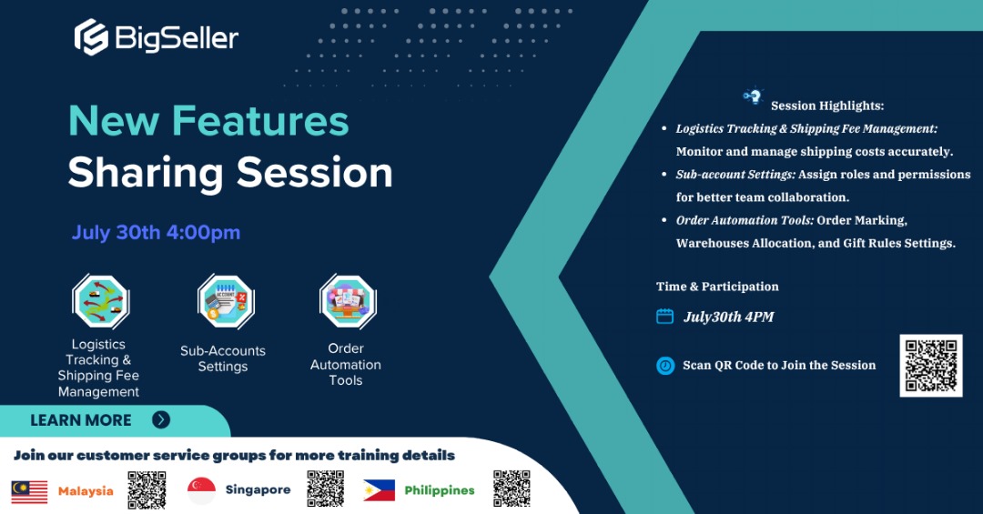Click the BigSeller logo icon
tap(92, 37)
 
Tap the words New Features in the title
tap(208, 120)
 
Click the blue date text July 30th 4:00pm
tap(157, 233)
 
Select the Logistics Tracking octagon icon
tap(100, 301)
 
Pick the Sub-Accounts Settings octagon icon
tap(226, 301)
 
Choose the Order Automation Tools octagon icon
tap(348, 301)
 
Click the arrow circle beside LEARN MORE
tap(161, 419)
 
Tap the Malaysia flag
tap(29, 491)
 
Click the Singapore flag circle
tap(201, 490)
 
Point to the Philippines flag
tap(380, 490)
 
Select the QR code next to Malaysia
tap(147, 489)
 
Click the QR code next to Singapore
tap(325, 489)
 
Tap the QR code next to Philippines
tap(512, 489)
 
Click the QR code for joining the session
tap(931, 366)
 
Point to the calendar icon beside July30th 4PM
tap(664, 316)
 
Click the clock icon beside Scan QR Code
tap(665, 366)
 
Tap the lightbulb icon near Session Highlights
tap(753, 96)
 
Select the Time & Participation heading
tap(717, 287)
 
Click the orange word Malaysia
tap(86, 491)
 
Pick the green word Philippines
tap(440, 490)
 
